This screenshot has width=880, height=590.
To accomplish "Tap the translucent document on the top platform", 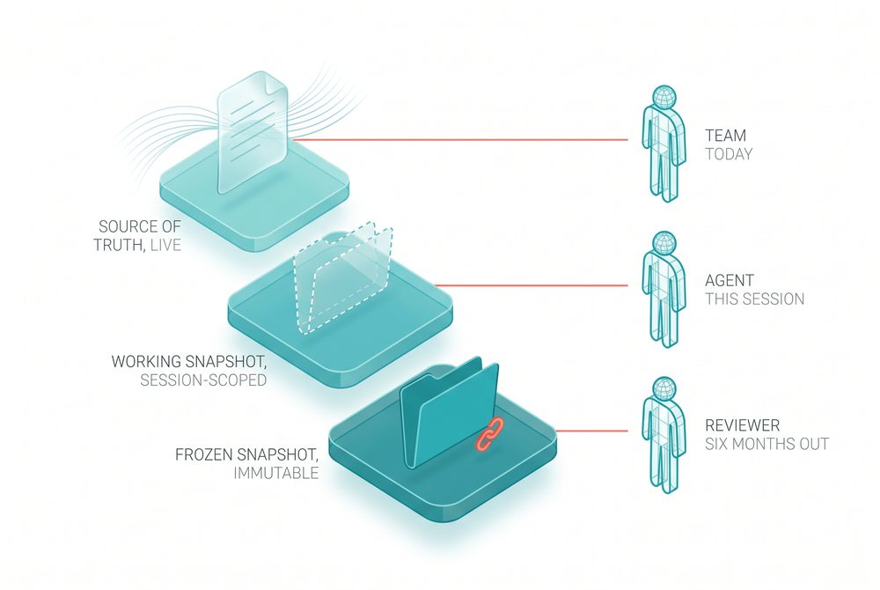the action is [x=253, y=132].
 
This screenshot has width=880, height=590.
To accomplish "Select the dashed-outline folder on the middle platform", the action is [x=342, y=278].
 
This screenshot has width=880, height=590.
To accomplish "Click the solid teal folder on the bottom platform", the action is [x=449, y=413].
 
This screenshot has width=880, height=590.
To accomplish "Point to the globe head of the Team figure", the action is [x=664, y=97].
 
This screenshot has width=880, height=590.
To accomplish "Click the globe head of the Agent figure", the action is [x=664, y=243].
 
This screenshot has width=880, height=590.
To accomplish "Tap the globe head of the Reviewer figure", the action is [x=664, y=388].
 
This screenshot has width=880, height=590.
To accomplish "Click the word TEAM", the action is [x=726, y=136].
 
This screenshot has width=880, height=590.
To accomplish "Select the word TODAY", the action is [x=729, y=154].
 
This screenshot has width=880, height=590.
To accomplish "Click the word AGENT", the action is [x=729, y=280].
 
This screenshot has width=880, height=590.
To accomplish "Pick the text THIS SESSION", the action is [x=755, y=299].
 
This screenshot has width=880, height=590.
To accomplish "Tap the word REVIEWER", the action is [x=743, y=425].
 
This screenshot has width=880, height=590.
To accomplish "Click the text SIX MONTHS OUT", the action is [x=766, y=444].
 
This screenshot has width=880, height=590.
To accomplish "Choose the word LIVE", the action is [x=166, y=245].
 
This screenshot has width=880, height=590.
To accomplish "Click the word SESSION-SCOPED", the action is [x=203, y=380].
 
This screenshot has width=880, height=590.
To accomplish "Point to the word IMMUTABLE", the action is [x=276, y=473].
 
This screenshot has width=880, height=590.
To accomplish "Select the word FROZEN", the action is [x=204, y=454].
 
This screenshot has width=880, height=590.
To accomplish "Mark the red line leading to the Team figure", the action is [x=459, y=139].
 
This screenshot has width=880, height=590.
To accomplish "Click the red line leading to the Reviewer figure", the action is [x=591, y=431].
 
